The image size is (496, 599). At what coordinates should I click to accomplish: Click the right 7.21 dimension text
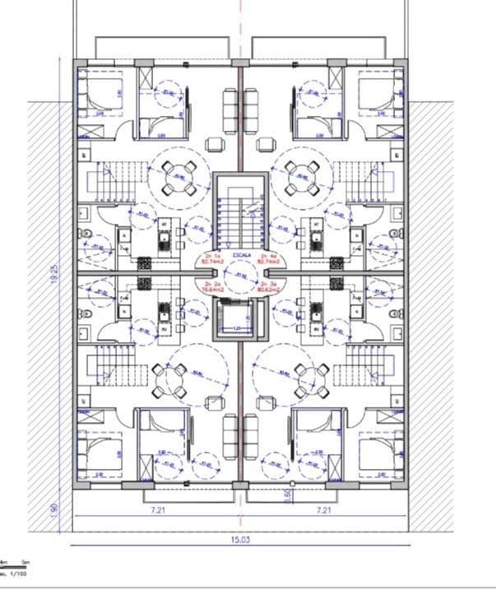pos(324,510)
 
